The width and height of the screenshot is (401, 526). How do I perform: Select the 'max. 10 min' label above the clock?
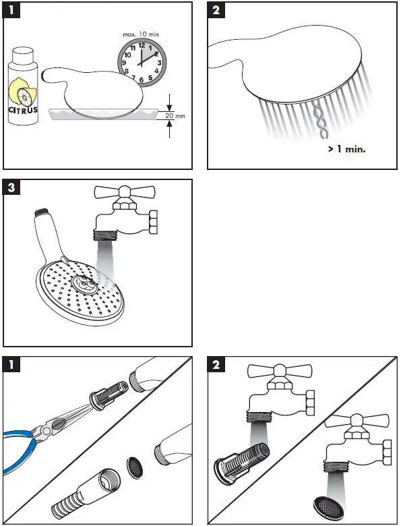pos(142,33)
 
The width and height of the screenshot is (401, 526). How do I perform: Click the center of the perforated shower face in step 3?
pos(88,284)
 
